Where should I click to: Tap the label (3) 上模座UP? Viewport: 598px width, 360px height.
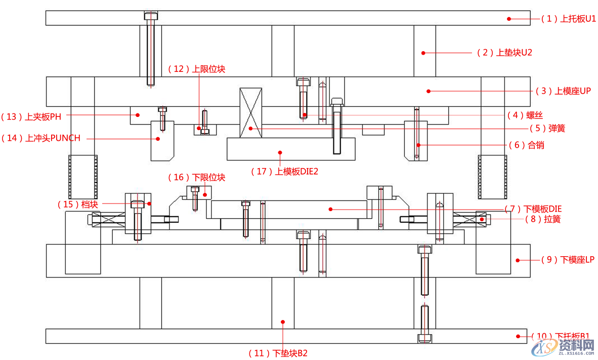563,91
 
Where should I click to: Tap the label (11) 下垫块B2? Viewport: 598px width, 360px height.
278,353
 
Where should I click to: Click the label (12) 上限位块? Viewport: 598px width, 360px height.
196,69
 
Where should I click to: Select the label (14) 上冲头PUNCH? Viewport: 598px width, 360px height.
40,138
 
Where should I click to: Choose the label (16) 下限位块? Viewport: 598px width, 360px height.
196,177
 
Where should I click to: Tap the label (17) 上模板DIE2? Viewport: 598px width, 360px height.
284,171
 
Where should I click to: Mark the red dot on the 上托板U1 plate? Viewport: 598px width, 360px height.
509,19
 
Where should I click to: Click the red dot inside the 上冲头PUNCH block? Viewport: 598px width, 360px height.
158,138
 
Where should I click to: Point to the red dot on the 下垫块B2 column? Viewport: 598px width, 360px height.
283,321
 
